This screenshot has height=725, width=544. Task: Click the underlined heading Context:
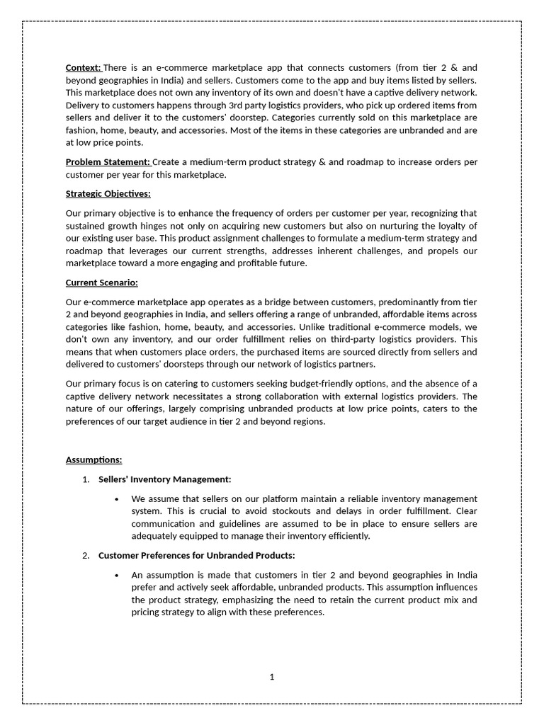click(x=84, y=67)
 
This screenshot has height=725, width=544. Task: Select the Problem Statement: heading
click(x=108, y=162)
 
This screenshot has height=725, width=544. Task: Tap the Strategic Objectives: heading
click(x=108, y=193)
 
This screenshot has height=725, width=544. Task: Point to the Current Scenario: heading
click(x=101, y=282)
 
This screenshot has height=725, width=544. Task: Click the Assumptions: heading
click(x=93, y=459)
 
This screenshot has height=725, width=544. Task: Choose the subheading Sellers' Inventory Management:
click(x=164, y=479)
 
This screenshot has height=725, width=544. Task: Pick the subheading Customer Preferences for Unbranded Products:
click(x=196, y=555)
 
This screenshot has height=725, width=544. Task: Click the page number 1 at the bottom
click(x=271, y=677)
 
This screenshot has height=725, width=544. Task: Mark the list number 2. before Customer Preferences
click(x=86, y=555)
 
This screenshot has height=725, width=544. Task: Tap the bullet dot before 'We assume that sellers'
click(x=116, y=499)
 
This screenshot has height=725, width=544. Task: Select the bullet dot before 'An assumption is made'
click(x=116, y=575)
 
